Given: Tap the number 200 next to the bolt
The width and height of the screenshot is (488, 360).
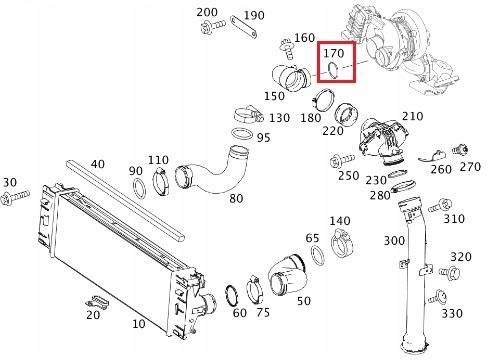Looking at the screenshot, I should tap(207, 12).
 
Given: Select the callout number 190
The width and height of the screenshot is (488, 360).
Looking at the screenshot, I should tap(254, 16).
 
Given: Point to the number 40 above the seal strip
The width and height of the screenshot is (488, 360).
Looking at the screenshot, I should tap(97, 163).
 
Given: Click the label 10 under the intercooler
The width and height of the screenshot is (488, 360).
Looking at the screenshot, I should tap(138, 325).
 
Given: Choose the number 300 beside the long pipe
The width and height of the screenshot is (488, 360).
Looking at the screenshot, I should tap(395, 241).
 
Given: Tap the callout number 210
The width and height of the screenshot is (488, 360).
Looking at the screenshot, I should tap(410, 117).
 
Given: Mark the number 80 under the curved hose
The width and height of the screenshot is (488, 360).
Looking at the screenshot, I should tap(236, 198).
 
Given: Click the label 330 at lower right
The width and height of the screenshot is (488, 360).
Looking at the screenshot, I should tap(452, 313).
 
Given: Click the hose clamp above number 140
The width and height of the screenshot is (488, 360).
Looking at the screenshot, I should tap(341, 239).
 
